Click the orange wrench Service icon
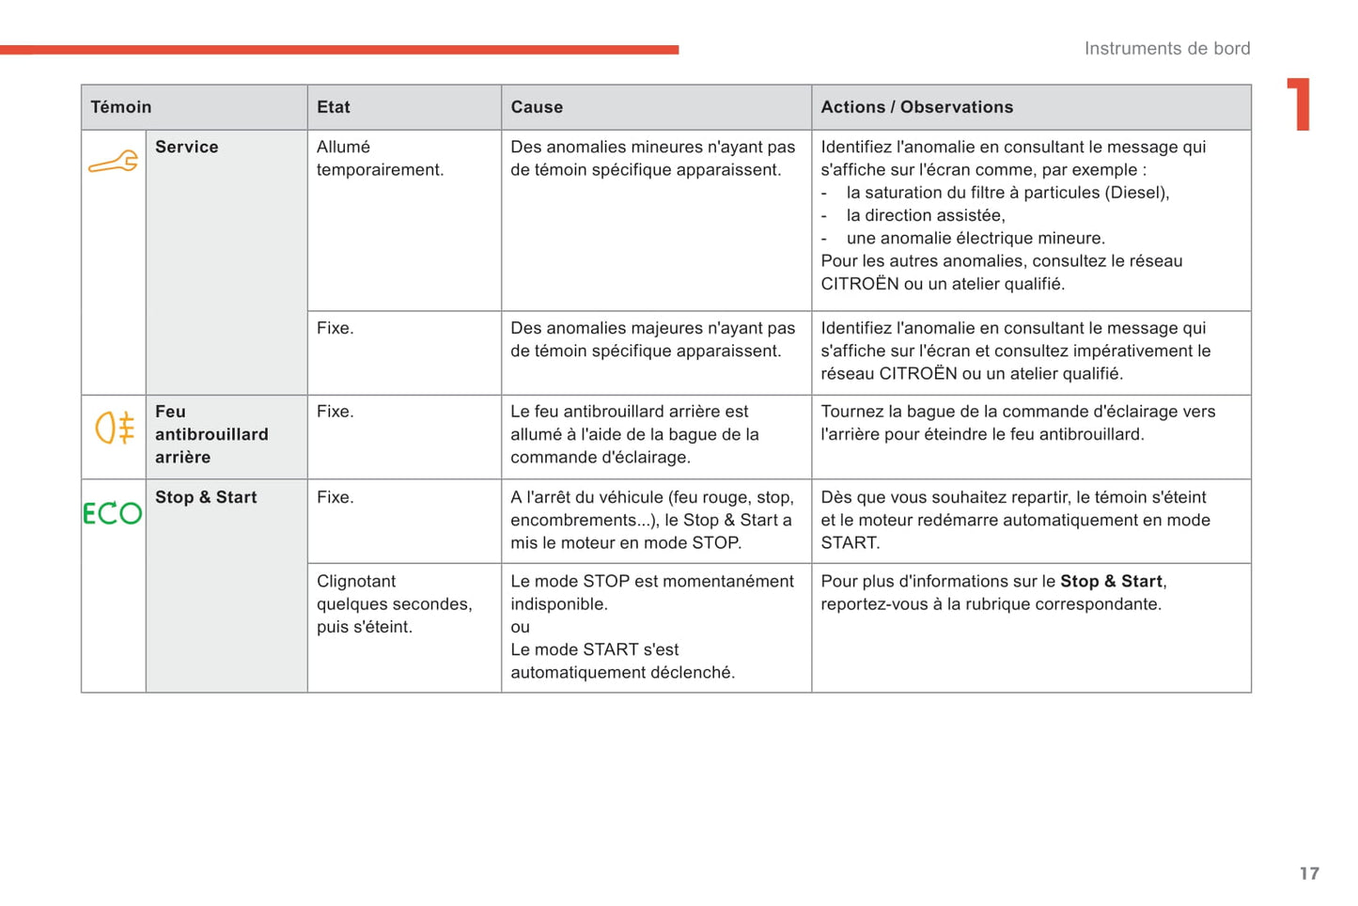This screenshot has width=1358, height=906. coord(113,163)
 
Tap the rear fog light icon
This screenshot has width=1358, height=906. coord(115,428)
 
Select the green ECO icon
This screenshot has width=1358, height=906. coord(113,513)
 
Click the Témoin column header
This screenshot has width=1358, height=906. coord(121,107)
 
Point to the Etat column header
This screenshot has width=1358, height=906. coord(334,107)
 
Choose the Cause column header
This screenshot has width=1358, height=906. coord(537,107)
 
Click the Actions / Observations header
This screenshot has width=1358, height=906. coord(916,107)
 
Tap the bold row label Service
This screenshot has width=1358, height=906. coord(186,147)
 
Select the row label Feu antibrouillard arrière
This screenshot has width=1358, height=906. coord(211,434)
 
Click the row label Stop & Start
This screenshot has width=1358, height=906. coord(206,497)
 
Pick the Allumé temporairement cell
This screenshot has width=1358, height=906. coord(380,158)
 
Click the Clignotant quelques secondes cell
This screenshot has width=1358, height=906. coord(394,603)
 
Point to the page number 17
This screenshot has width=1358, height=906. coord(1309,873)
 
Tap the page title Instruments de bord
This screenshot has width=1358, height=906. coord(1166,48)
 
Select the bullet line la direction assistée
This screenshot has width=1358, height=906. coord(925,215)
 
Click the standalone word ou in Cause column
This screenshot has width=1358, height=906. coord(521,627)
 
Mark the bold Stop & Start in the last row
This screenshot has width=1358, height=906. coord(1112,581)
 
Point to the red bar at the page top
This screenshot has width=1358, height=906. coord(339,50)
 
